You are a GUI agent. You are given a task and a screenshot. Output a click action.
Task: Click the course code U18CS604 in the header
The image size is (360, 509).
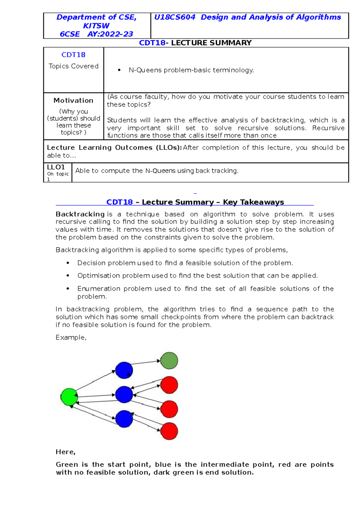(175, 17)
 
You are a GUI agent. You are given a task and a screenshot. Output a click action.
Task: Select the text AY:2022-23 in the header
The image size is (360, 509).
(110, 34)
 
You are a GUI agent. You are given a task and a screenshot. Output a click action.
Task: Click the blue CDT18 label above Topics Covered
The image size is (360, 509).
(73, 55)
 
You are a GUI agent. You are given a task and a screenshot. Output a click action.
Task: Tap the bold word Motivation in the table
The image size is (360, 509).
(73, 100)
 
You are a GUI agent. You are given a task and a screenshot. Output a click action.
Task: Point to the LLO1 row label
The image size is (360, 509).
(56, 167)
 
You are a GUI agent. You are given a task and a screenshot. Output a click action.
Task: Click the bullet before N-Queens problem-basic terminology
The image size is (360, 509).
(119, 70)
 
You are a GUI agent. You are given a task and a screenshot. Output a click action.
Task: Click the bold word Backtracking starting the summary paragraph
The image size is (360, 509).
(80, 214)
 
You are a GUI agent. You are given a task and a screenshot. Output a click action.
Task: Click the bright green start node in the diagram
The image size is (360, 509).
(69, 397)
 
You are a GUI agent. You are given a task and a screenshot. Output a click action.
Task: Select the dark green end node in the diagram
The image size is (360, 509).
(169, 361)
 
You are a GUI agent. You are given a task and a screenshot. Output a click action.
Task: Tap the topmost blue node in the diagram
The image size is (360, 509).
(124, 370)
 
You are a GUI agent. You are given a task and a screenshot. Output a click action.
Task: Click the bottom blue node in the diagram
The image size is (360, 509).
(124, 419)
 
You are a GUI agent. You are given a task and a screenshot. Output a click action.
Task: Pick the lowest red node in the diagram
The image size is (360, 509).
(169, 431)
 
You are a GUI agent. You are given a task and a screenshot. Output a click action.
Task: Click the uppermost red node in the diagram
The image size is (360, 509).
(169, 385)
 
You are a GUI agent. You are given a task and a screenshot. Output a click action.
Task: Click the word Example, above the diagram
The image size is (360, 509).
(71, 338)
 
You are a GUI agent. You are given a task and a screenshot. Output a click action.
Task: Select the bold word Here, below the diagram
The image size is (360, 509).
(65, 452)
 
